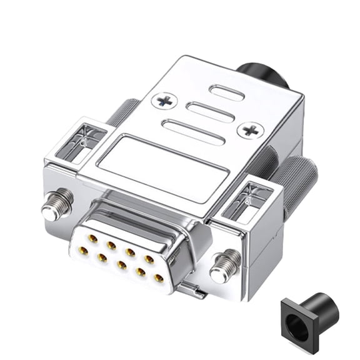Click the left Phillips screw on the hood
coord(164,100)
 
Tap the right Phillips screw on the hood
coord(251,130)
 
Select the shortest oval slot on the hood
coord(227,93)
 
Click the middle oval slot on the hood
coord(211,112)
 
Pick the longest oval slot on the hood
coord(192,132)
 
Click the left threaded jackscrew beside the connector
coord(57,204)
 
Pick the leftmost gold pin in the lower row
coord(82,251)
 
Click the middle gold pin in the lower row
coord(121,264)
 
